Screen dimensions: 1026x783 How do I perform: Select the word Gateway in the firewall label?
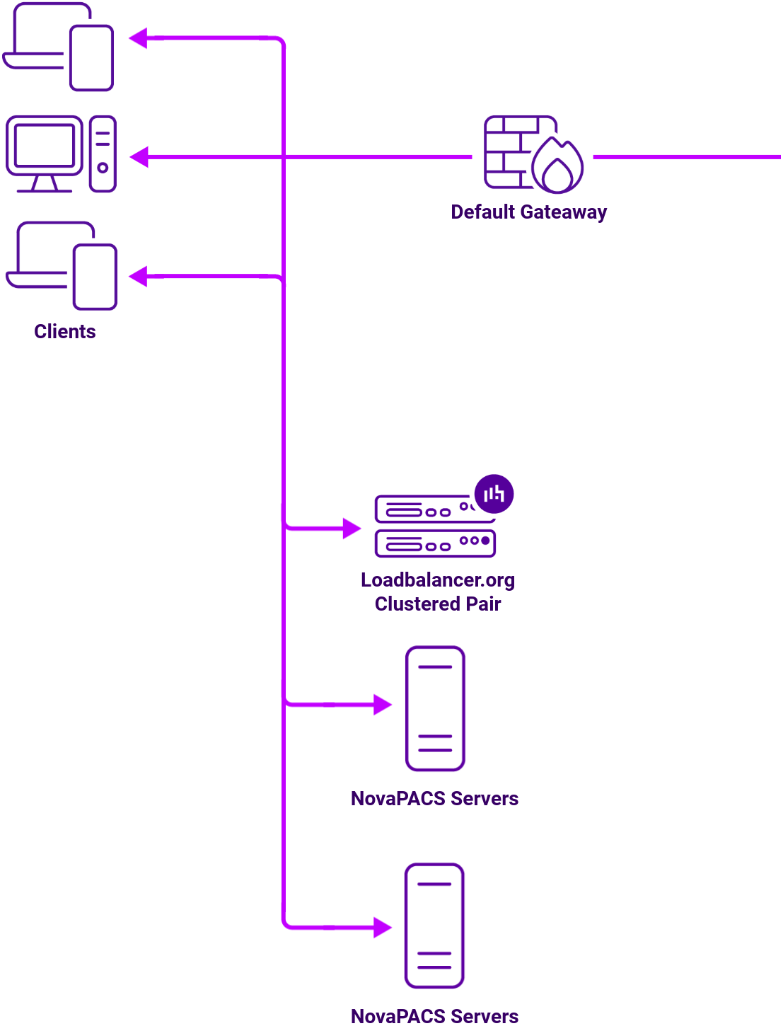(x=563, y=212)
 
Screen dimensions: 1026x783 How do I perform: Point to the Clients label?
(x=65, y=332)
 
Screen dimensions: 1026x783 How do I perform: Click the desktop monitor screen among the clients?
(x=45, y=146)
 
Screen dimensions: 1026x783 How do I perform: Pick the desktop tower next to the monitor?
(x=103, y=154)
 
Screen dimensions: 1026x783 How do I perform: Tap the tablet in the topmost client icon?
(x=92, y=58)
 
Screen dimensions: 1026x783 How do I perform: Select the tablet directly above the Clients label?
(x=95, y=277)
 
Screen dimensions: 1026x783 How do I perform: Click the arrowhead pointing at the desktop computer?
(x=139, y=157)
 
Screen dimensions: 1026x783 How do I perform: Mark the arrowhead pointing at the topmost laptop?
(x=139, y=38)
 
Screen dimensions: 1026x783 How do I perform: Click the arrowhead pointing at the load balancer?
(x=352, y=528)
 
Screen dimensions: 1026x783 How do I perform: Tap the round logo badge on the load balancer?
(x=494, y=494)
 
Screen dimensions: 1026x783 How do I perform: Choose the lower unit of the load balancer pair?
(x=435, y=543)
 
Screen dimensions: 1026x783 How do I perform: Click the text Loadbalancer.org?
(x=438, y=580)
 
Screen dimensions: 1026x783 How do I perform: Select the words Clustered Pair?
(x=438, y=604)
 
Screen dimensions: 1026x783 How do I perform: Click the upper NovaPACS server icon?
(x=435, y=708)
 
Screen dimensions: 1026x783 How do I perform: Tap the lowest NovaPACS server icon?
(x=434, y=926)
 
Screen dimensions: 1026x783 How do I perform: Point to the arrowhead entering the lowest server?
(x=382, y=927)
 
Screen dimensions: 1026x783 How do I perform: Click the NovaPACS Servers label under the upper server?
(x=434, y=799)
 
